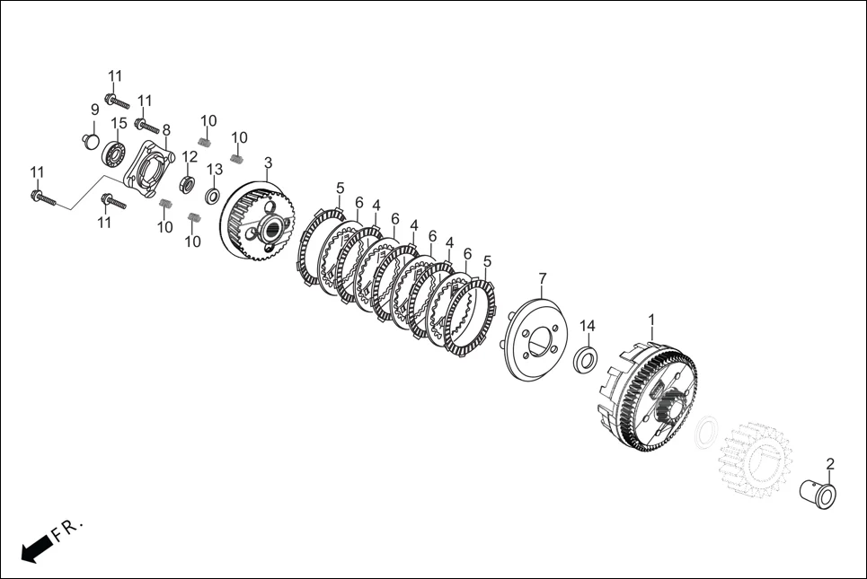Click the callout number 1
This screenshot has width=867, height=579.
tap(651, 320)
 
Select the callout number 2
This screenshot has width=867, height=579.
tap(830, 463)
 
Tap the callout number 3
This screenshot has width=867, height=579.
tap(268, 163)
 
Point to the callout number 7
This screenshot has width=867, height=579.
tap(542, 278)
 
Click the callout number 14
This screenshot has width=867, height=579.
tap(588, 326)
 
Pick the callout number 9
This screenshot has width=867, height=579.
tap(94, 110)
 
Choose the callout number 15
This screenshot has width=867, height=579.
tap(119, 124)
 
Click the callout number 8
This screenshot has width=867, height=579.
tap(166, 130)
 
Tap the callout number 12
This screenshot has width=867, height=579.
tap(189, 157)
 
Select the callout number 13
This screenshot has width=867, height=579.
tap(215, 170)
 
